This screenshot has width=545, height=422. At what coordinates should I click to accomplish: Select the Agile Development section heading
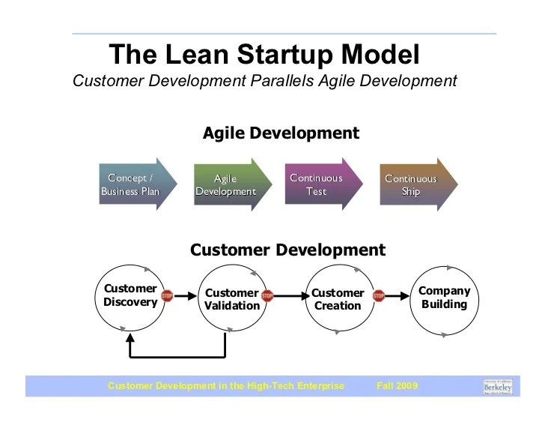click(x=281, y=133)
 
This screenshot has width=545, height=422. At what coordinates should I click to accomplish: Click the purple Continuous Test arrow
click(x=320, y=184)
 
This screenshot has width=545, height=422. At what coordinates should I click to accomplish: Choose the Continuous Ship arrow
click(x=415, y=184)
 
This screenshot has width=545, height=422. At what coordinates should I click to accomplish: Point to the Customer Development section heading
click(x=287, y=250)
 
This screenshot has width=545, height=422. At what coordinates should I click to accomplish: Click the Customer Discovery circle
click(x=130, y=296)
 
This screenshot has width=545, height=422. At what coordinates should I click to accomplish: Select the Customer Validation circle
click(x=231, y=299)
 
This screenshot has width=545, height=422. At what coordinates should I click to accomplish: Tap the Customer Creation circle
click(x=338, y=299)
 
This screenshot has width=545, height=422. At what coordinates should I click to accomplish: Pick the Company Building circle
click(x=444, y=298)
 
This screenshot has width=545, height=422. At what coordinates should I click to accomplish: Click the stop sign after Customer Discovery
click(x=167, y=296)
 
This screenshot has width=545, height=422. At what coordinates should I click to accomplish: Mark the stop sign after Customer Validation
click(x=268, y=296)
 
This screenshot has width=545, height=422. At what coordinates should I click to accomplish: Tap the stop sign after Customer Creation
click(x=379, y=296)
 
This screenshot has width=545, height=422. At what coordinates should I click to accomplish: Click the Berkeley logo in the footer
click(x=498, y=387)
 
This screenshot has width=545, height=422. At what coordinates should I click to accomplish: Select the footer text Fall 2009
click(x=397, y=386)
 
